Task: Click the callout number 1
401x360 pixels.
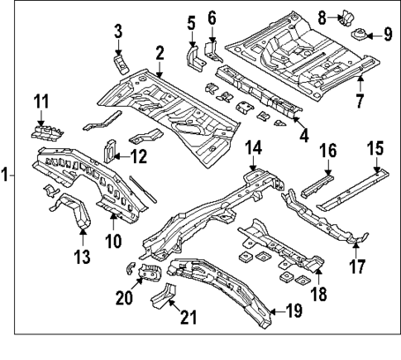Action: click(x=7, y=175)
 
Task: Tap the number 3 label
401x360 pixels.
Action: click(x=118, y=31)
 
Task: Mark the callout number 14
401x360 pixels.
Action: click(x=254, y=148)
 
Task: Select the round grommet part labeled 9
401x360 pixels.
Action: click(x=360, y=35)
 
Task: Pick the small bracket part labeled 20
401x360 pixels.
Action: click(x=149, y=273)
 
